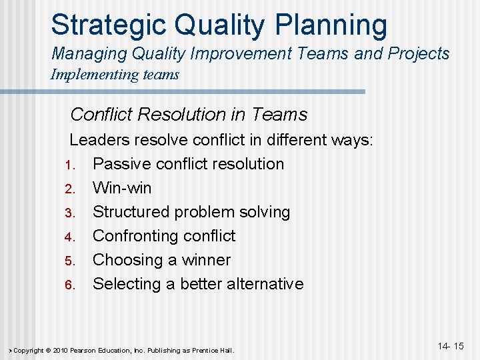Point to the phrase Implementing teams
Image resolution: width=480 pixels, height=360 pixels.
[x=115, y=74]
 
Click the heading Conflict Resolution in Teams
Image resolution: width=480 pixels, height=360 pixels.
[x=189, y=115]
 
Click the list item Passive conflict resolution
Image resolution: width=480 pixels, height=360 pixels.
[x=188, y=164]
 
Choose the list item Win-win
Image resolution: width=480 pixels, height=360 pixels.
[x=122, y=188]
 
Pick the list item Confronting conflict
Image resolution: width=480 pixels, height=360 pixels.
[x=164, y=236]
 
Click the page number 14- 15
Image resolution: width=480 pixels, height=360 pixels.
[x=451, y=346]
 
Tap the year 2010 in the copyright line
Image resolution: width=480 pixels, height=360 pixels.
[x=58, y=351]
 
